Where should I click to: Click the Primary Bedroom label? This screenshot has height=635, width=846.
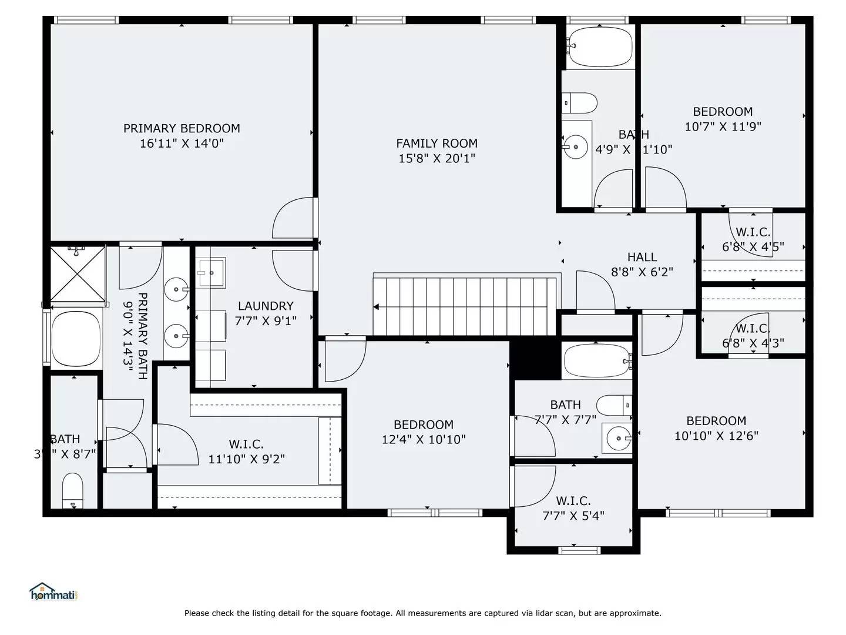[x=182, y=128]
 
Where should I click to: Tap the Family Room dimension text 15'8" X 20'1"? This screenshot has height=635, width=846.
[x=437, y=158]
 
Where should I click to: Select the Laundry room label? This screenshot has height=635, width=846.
[x=266, y=306]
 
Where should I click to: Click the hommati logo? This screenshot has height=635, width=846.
[x=53, y=593]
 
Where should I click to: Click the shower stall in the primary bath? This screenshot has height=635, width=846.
[x=77, y=273]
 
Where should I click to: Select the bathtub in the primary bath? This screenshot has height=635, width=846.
[x=76, y=339]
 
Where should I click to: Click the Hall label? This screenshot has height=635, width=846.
[x=642, y=257]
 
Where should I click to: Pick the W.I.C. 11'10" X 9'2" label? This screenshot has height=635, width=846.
[x=246, y=444]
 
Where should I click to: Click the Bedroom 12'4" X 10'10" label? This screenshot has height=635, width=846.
[x=423, y=425]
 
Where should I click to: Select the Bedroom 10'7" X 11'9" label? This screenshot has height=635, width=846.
[x=723, y=112]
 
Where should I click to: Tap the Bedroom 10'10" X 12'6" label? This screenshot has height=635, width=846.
[x=716, y=421]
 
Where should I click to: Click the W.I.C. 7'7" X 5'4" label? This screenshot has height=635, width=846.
[x=573, y=501]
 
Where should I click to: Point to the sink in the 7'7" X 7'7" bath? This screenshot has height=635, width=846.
[x=617, y=438]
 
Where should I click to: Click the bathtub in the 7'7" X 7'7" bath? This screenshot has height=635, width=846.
[x=596, y=360]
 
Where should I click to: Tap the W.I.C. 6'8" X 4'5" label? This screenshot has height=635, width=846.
[x=753, y=232]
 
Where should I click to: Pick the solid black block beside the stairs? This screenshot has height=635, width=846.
[x=535, y=359]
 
